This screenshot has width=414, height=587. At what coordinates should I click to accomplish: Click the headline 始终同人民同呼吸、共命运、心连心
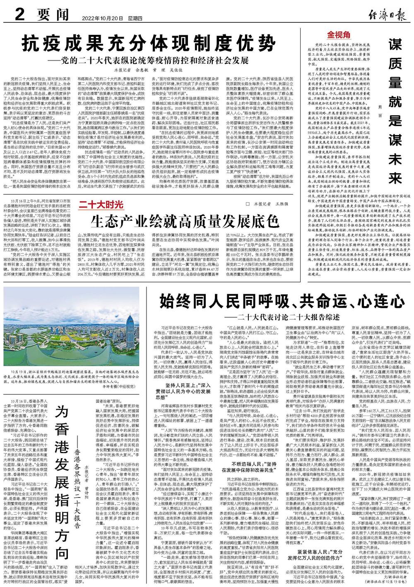coord(277,300)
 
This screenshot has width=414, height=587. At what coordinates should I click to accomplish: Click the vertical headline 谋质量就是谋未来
coord(395,111)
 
